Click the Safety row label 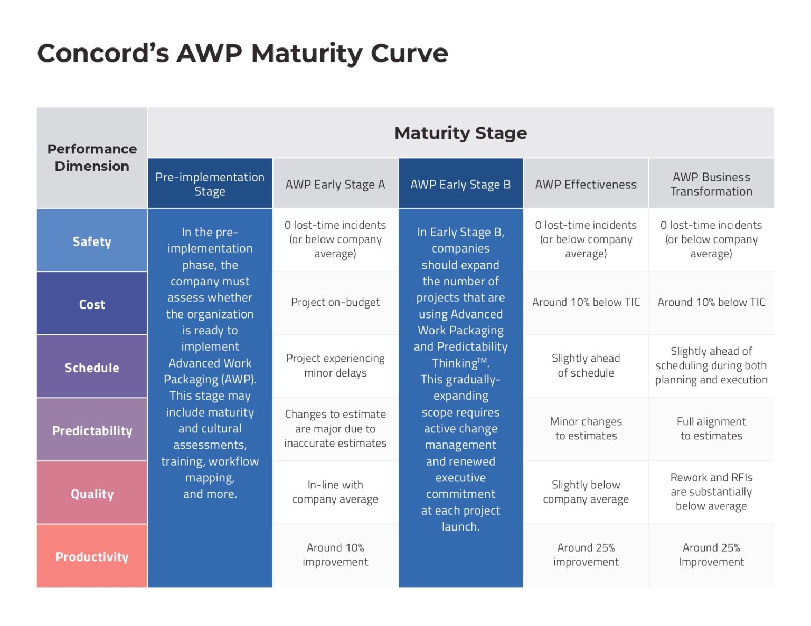coord(92,242)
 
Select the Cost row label coord(92,304)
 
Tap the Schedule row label coord(92,368)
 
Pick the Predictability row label coord(92,430)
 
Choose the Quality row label coord(92,494)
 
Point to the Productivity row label coord(92,556)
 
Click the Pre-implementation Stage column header coord(210,184)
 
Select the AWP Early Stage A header coord(335,185)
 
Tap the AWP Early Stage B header coord(460,185)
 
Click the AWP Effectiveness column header coord(586,185)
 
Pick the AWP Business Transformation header coord(711,184)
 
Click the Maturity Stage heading coord(460,133)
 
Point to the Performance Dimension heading coord(92,157)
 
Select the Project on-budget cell coord(335,302)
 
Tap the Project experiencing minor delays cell coord(335,365)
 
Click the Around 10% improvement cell coord(335,555)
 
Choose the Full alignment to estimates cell coord(711,429)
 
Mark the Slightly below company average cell coord(586,492)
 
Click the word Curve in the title coord(409,53)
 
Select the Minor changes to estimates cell coord(586,429)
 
